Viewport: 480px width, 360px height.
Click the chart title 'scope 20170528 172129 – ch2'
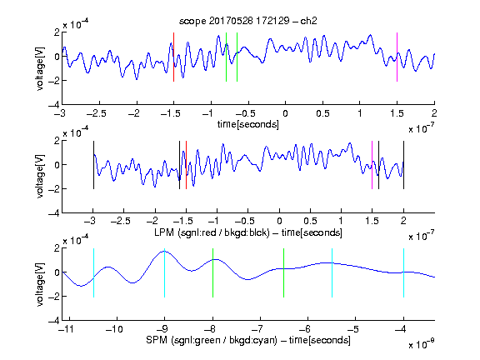(248, 21)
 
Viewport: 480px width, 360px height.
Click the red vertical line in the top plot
(173, 57)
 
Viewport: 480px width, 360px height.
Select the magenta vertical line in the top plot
(397, 57)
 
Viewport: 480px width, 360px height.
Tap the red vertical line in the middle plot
(186, 165)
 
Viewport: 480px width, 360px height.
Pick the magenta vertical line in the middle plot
(372, 165)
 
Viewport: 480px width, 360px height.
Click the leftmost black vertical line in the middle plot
(93, 165)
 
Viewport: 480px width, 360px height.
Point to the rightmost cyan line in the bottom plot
(403, 272)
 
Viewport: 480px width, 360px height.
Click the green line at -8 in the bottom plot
(212, 272)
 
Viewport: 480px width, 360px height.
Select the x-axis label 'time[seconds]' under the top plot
(248, 124)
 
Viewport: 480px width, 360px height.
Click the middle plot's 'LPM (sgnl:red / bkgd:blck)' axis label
(212, 232)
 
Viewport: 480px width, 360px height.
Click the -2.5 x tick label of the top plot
(96, 113)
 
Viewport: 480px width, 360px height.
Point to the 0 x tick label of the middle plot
(279, 221)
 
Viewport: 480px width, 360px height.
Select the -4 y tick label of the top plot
(54, 105)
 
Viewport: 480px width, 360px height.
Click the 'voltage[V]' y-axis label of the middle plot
(40, 176)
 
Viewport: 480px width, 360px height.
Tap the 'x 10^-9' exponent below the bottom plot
(421, 343)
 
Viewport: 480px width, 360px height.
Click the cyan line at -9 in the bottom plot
(164, 272)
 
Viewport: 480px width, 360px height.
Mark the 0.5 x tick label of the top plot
(322, 113)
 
